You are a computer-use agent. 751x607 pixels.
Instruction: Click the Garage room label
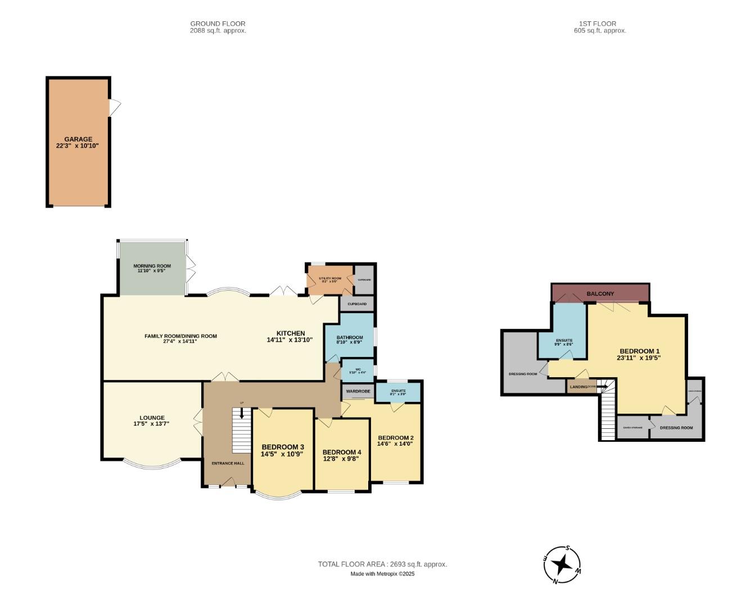[78, 139]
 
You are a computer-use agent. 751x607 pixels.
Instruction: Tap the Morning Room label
[152, 266]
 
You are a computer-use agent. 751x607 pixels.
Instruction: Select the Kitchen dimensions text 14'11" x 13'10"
[289, 340]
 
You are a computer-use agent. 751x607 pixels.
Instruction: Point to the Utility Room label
[330, 278]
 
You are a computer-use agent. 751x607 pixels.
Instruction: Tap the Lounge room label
[152, 418]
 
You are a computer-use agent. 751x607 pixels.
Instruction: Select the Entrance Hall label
[228, 463]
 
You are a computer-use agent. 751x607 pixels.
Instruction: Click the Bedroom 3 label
[282, 447]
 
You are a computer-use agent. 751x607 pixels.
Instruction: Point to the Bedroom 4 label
[342, 452]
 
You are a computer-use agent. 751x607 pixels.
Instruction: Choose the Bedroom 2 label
[396, 438]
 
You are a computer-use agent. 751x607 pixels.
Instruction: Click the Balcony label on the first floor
[600, 294]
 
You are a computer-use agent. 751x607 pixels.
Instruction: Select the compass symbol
[562, 564]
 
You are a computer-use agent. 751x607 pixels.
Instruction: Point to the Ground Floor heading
[218, 24]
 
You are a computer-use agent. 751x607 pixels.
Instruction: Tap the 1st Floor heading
[598, 24]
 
